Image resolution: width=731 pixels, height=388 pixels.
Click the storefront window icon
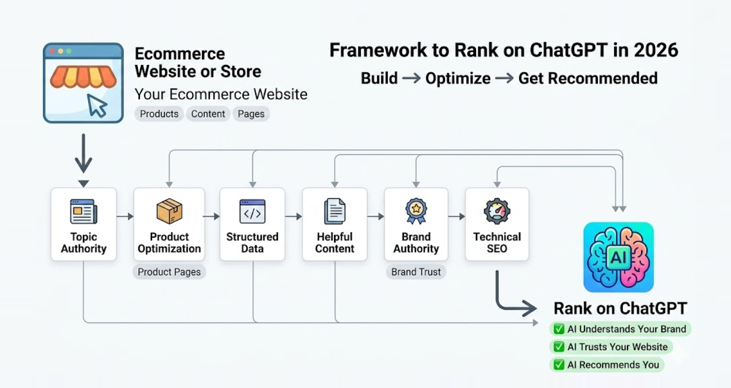pos(83,83)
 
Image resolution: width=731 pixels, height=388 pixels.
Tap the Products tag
pos(159,114)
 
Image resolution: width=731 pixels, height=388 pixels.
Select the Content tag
pos(208,114)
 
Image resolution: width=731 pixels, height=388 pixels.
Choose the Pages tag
pos(251,114)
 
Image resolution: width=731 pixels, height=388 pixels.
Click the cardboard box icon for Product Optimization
pos(169,211)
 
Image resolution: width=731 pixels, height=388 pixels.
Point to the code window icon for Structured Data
pos(252,211)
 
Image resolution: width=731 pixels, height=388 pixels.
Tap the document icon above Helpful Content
pos(334,211)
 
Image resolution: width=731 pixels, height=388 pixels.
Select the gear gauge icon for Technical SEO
pos(497,211)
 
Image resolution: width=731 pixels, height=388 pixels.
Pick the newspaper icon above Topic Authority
pos(84,211)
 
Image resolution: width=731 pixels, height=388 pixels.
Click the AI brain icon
pos(619,257)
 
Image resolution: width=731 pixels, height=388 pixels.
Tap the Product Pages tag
pos(169,272)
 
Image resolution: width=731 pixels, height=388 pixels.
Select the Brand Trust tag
pos(416,272)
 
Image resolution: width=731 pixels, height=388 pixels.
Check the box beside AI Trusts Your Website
pos(559,347)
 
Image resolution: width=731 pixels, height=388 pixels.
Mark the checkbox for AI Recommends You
pos(559,365)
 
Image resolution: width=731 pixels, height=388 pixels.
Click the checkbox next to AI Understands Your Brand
pos(559,329)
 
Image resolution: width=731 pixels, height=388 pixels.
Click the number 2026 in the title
pos(655,50)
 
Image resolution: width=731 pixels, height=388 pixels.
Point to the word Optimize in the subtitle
pos(458,79)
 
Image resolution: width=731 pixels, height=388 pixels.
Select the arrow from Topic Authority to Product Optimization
pos(125,216)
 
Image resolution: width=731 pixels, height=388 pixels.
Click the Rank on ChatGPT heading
pos(620,309)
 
